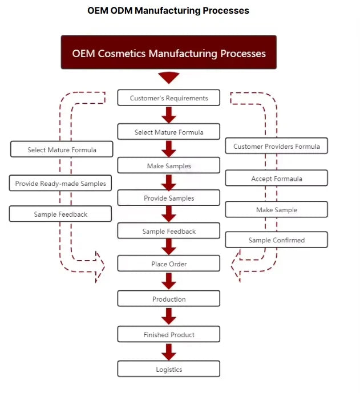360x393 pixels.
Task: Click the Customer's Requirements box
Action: tap(169, 98)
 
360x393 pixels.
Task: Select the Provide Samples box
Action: tap(169, 198)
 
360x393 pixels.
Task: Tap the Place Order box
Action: tap(169, 264)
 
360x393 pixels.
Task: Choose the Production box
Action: tap(169, 299)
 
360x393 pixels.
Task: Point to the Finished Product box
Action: tap(169, 334)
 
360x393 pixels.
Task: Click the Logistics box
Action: tap(169, 369)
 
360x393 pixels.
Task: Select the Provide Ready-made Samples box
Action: tap(61, 184)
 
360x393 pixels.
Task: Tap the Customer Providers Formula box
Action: tap(277, 146)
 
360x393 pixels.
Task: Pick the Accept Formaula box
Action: tap(277, 179)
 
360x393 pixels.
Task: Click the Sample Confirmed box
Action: tap(277, 240)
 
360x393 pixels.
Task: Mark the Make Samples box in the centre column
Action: tap(169, 165)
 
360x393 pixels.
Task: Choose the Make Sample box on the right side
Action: tap(277, 210)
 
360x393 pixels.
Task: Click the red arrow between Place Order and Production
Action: tap(169, 281)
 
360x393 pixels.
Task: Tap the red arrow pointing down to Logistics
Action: tap(169, 352)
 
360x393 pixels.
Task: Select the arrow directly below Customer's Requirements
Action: tap(169, 115)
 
